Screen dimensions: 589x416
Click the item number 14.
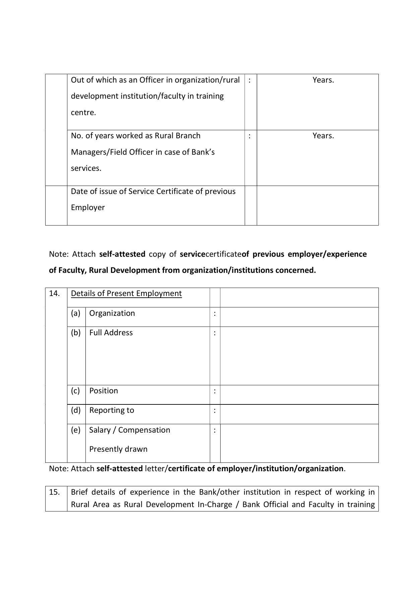pyautogui.click(x=54, y=293)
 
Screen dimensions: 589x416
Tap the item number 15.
pyautogui.click(x=54, y=492)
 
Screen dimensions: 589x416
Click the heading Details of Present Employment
pyautogui.click(x=126, y=293)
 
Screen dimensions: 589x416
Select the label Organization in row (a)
pyautogui.click(x=112, y=313)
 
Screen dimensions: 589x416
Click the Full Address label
pyautogui.click(x=111, y=333)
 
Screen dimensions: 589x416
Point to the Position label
pyautogui.click(x=104, y=391)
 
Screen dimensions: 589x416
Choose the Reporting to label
pyautogui.click(x=112, y=410)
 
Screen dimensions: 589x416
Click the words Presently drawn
pyautogui.click(x=118, y=449)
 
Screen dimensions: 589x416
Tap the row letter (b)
pyautogui.click(x=76, y=333)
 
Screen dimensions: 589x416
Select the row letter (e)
pyautogui.click(x=76, y=430)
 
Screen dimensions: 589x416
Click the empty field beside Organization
pyautogui.click(x=299, y=317)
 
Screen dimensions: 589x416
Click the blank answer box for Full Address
pyautogui.click(x=299, y=356)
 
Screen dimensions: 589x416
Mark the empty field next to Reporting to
pyautogui.click(x=299, y=414)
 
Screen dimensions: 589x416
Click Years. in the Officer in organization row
pyautogui.click(x=323, y=80)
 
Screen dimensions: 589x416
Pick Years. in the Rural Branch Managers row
pyautogui.click(x=323, y=136)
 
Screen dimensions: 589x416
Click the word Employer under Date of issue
pyautogui.click(x=88, y=207)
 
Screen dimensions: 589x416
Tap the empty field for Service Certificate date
pyautogui.click(x=317, y=205)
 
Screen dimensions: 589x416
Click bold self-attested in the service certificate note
pyautogui.click(x=122, y=254)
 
